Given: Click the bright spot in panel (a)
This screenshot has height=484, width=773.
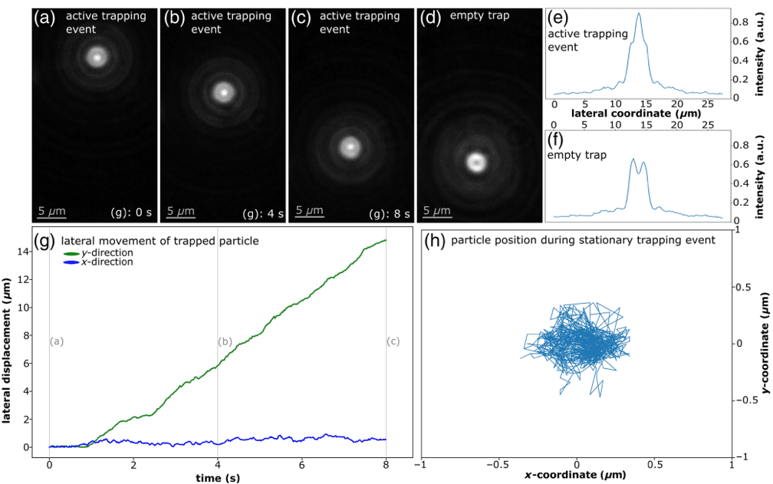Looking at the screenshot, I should [x=97, y=56].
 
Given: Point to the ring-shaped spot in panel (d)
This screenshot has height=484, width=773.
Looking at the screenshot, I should [x=476, y=161].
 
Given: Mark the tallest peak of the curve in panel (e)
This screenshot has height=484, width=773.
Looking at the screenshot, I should [x=638, y=13].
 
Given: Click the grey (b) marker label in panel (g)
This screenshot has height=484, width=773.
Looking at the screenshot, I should [x=225, y=341].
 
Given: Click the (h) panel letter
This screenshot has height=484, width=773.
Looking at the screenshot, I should [x=435, y=240].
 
